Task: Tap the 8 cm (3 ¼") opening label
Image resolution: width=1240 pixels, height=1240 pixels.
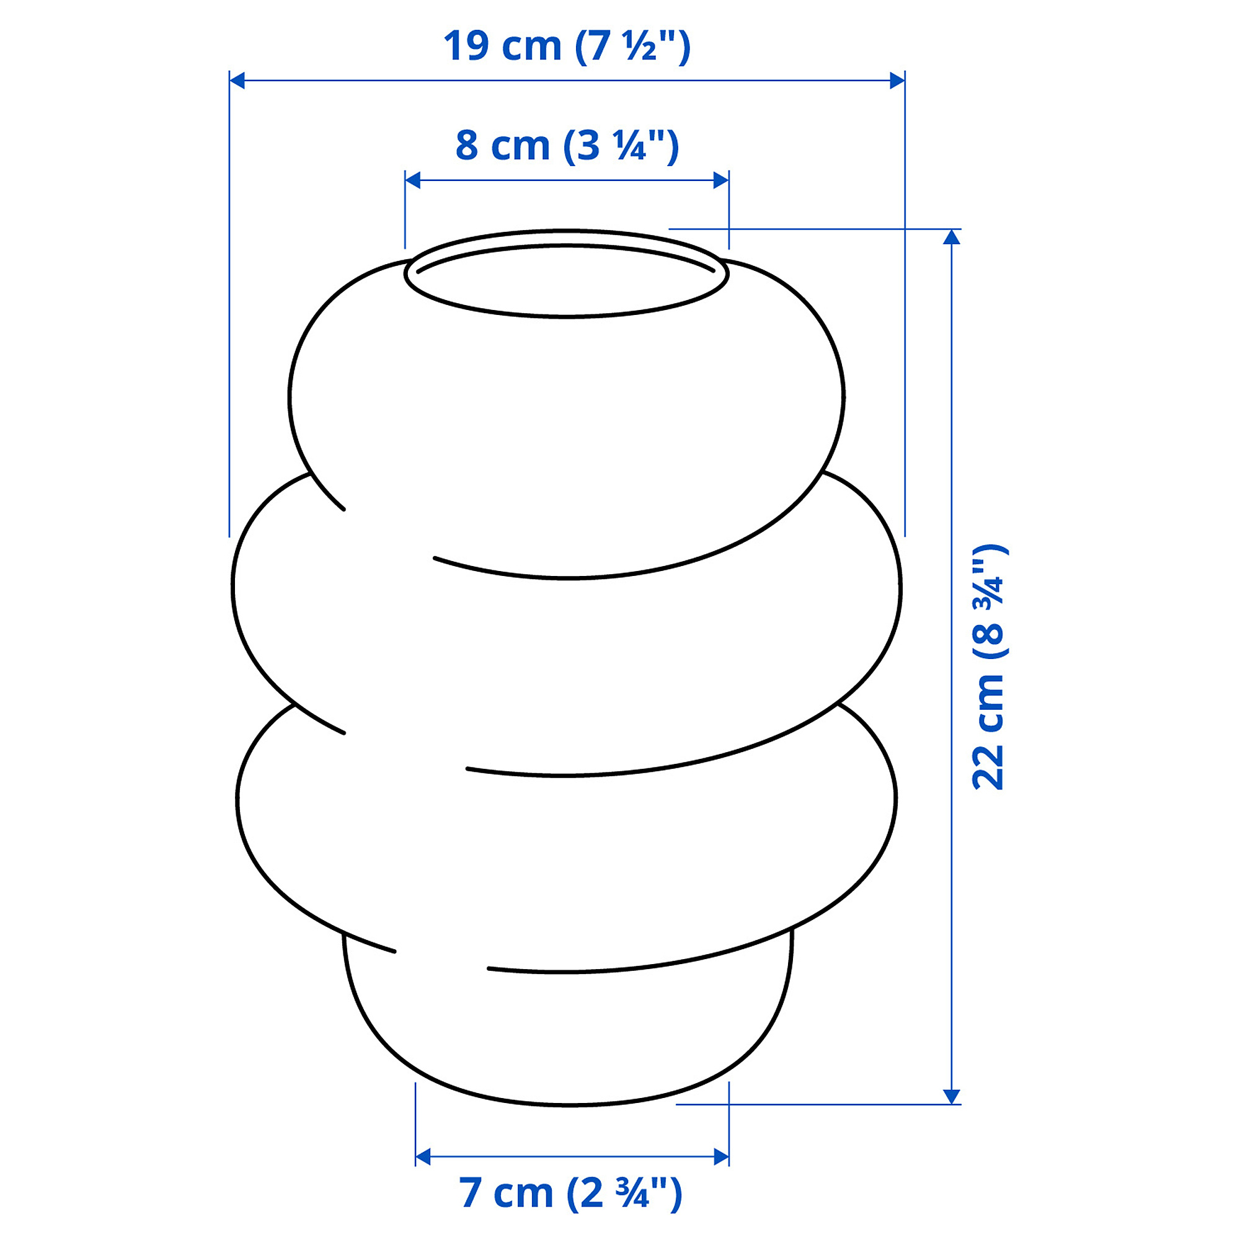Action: point(567,145)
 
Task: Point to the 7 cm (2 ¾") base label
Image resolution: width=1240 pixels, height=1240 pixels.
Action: point(570,1192)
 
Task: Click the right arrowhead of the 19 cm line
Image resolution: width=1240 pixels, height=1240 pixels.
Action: point(897,80)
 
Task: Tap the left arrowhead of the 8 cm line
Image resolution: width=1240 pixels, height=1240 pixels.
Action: point(413,180)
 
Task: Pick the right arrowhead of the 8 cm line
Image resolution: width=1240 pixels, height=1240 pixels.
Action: point(722,180)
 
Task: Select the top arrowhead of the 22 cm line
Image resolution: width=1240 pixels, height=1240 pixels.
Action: point(951,237)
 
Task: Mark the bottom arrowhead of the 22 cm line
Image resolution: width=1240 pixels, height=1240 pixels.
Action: point(951,1096)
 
